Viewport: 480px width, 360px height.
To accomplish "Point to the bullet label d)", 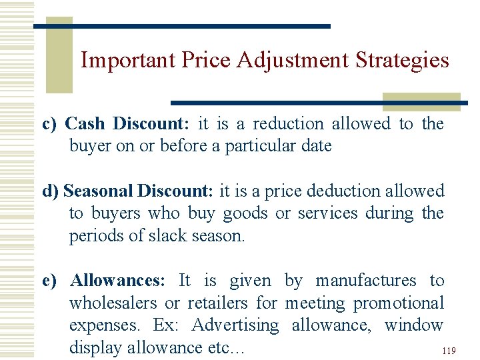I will (x=51, y=191).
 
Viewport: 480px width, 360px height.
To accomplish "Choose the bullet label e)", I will (x=50, y=281).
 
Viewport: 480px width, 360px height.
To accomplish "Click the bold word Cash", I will (x=85, y=124).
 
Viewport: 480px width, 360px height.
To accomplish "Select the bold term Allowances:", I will (x=117, y=281).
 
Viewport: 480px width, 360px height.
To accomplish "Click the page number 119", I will (x=448, y=350).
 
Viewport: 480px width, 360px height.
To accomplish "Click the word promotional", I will (x=398, y=303).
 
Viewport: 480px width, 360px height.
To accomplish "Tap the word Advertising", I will (x=235, y=326).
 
